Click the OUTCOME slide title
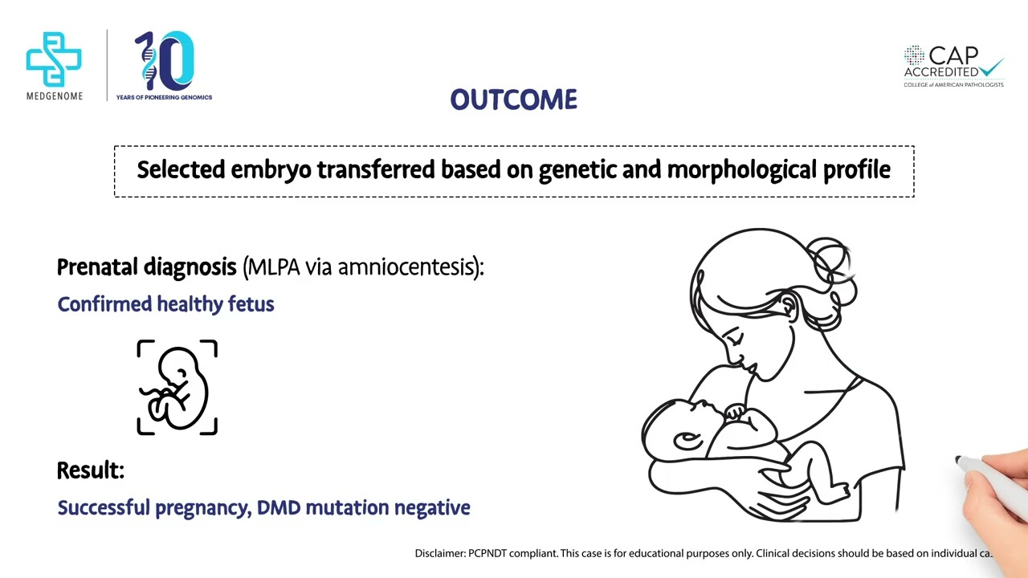[513, 100]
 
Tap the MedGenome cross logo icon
[54, 59]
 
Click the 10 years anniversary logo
[165, 63]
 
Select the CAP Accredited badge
[953, 67]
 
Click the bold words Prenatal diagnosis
[146, 267]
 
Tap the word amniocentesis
[406, 267]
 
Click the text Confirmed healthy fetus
[165, 304]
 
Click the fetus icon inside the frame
[177, 388]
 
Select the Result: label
[90, 471]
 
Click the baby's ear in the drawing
[687, 440]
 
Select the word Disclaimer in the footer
[439, 553]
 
